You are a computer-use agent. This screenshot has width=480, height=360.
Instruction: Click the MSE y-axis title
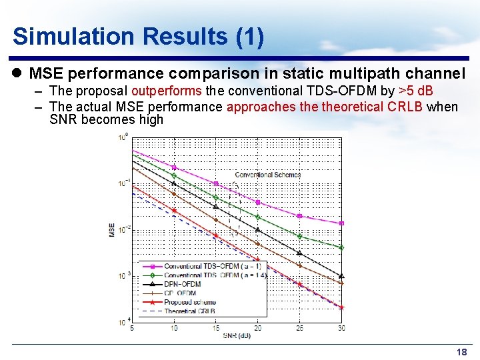(112, 229)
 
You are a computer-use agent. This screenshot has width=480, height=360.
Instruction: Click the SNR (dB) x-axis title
(237, 335)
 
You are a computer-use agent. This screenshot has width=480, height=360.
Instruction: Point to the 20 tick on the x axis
(258, 328)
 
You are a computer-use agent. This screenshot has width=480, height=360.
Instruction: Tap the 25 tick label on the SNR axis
(300, 328)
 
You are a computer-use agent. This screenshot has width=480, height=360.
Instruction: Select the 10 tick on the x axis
(174, 328)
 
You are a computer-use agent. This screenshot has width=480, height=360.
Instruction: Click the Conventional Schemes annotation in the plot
(267, 175)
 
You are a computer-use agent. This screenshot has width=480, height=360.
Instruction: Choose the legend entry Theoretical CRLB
(190, 311)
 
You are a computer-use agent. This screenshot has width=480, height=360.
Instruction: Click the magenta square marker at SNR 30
(341, 223)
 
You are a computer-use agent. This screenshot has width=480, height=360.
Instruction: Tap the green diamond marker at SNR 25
(300, 236)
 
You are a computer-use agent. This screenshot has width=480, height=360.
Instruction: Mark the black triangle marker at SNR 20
(258, 230)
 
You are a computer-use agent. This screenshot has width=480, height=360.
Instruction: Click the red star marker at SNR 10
(174, 211)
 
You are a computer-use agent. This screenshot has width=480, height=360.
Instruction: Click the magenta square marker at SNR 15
(216, 183)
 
